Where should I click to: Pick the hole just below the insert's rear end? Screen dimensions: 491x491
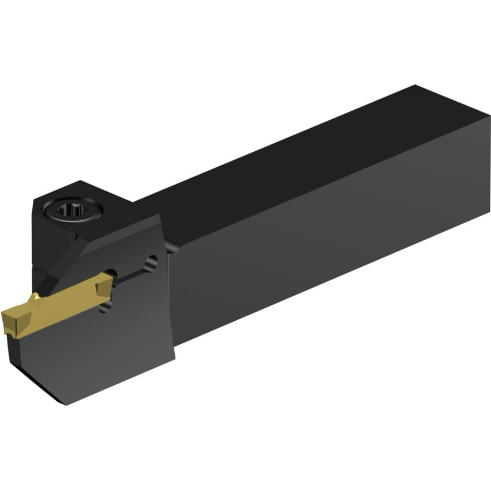pos(105,308)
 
